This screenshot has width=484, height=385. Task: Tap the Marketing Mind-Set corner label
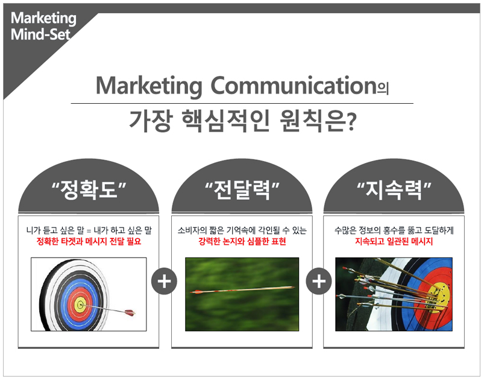tap(43, 26)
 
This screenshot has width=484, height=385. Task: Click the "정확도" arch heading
tap(89, 189)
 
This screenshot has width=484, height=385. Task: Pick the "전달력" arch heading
tap(242, 189)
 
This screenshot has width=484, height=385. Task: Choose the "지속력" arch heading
tap(394, 189)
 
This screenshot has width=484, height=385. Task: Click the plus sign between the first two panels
tap(164, 281)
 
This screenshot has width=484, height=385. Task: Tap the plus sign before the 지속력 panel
tap(319, 281)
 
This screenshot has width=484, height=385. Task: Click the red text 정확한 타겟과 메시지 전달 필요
tap(89, 241)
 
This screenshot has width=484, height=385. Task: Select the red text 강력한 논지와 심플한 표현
tap(242, 241)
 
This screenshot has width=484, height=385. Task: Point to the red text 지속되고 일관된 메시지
tap(394, 241)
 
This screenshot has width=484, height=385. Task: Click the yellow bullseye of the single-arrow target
tap(81, 305)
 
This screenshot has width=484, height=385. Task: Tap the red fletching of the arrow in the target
tap(130, 313)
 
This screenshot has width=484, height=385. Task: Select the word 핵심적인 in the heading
tap(225, 121)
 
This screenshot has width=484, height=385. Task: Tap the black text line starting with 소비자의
tap(242, 231)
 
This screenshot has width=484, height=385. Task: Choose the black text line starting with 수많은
tap(394, 231)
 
